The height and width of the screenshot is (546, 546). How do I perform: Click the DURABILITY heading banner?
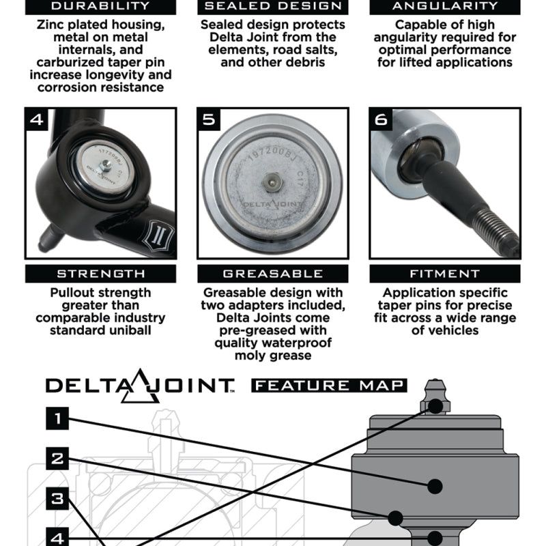click(100, 7)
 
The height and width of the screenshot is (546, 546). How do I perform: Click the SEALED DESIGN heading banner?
click(272, 7)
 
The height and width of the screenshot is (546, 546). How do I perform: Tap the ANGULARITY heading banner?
click(445, 7)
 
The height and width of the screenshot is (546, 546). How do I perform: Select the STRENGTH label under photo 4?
click(100, 274)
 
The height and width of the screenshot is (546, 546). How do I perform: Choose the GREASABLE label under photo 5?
click(272, 274)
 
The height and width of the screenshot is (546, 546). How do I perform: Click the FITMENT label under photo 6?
click(445, 274)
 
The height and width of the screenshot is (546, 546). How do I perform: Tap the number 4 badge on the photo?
click(37, 120)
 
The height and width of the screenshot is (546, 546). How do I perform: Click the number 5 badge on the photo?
click(209, 120)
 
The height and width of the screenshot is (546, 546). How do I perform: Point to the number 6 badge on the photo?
click(381, 120)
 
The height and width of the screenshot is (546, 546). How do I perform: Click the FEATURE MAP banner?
click(329, 385)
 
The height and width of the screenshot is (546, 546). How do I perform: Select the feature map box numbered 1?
click(57, 418)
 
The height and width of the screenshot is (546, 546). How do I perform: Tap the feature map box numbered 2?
click(57, 459)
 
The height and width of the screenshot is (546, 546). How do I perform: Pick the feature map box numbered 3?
click(57, 499)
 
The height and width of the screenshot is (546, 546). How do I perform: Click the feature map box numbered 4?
click(57, 536)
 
